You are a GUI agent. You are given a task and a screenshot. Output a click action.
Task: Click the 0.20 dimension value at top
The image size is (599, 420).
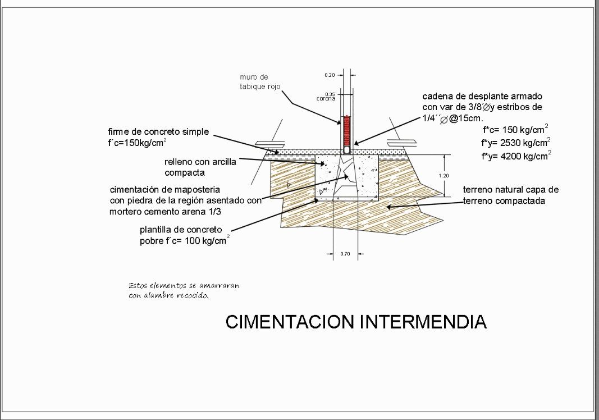coord(329,75)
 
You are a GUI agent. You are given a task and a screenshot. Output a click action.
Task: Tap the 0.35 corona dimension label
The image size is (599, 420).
coord(329,94)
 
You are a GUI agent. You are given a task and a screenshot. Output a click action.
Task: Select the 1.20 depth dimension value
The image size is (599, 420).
coord(443,176)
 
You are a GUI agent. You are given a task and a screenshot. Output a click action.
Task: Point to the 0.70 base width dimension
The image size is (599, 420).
coord(345,254)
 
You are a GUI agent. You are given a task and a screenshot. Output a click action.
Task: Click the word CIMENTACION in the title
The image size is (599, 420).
coord(290,322)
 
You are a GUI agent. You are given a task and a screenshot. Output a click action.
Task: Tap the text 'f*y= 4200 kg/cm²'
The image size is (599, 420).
coord(515,156)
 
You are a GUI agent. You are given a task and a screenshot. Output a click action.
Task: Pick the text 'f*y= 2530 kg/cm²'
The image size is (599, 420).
coord(515,142)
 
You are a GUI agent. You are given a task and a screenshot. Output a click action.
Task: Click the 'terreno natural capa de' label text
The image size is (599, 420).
coord(510,190)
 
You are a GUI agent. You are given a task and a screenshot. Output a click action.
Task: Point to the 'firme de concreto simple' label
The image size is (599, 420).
coord(158,132)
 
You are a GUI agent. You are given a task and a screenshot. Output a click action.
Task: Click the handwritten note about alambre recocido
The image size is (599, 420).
coord(184,290)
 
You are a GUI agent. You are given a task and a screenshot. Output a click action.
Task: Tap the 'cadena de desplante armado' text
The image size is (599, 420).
coord(482,97)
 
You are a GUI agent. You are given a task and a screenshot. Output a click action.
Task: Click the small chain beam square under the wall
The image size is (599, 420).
coord(346,150)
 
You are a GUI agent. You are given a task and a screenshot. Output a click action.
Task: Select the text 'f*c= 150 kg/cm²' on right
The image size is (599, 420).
coord(515,129)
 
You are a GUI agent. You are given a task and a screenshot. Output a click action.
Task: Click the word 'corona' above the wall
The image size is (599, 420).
coord(326,99)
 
